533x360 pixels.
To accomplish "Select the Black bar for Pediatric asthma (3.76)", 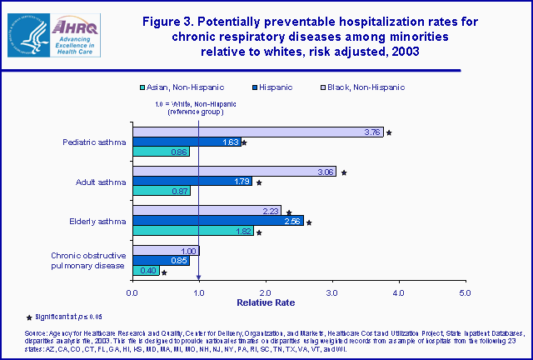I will coord(257,132).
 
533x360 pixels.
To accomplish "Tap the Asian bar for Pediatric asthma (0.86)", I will coord(161,152).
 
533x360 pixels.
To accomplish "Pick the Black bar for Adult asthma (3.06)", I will coord(234,172).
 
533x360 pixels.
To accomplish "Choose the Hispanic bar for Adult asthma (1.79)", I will coord(192,182).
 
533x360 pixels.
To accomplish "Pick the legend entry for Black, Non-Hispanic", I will coord(359,87).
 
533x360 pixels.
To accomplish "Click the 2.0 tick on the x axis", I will coord(265,292).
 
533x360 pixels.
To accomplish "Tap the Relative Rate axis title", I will coord(298,304).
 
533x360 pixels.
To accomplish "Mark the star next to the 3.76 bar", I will coord(389,132).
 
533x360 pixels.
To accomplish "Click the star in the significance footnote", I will coord(7,317).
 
